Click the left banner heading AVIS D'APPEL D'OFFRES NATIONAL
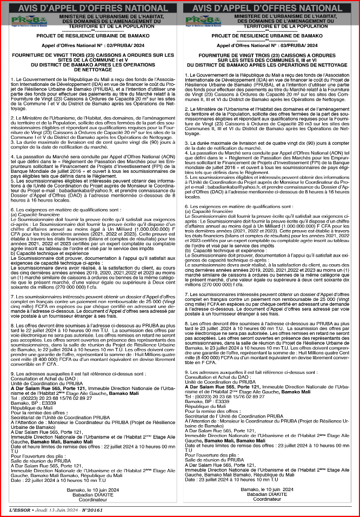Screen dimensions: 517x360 coord(90,8)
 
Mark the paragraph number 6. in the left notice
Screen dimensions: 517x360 coord(12,209)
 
